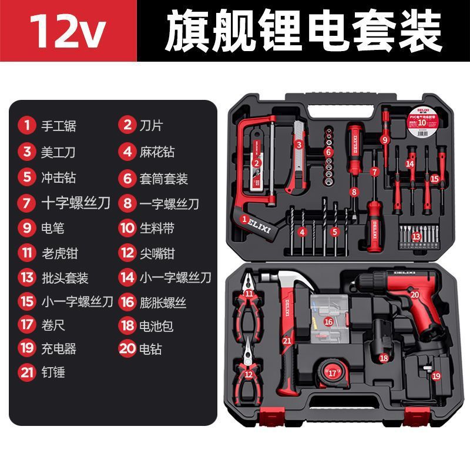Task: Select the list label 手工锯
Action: (58, 125)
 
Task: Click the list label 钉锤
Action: (53, 372)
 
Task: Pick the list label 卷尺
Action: (53, 324)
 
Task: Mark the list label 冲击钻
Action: (58, 176)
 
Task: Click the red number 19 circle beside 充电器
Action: (26, 348)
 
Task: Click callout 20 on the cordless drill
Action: (415, 295)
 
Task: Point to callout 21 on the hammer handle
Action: (287, 340)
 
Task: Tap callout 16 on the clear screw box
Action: (328, 321)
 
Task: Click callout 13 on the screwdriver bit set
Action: (416, 236)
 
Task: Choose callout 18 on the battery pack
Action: (384, 357)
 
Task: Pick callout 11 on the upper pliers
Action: (249, 294)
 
